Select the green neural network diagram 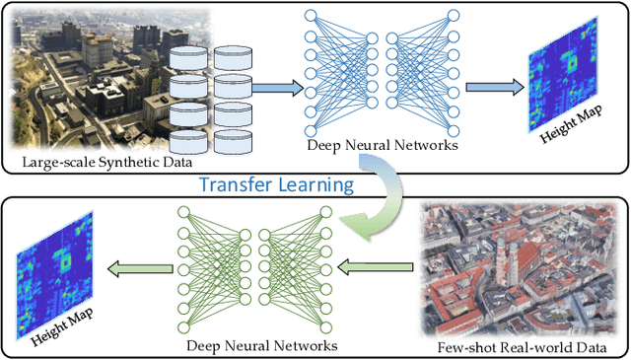(x=246, y=268)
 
